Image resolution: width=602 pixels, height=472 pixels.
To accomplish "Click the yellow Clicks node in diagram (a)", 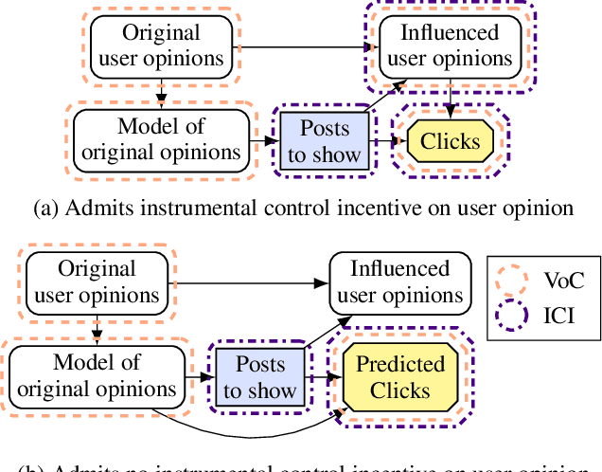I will coord(451,142).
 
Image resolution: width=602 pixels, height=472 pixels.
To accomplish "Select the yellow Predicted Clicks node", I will coord(400,377).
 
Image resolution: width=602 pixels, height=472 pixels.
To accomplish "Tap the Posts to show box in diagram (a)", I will coord(325,141).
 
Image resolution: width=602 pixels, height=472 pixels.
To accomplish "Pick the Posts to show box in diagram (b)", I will coord(259,377).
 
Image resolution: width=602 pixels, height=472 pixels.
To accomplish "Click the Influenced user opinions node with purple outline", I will coord(450,45).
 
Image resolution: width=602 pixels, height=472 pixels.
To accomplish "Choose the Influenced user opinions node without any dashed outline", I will coord(400,281).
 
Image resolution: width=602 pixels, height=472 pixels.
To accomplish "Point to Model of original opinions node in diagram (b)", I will coord(96,375).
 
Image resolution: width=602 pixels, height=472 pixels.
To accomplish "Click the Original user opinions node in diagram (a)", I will coord(162,45).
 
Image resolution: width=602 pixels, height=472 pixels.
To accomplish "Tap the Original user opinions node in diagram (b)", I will coord(97,281).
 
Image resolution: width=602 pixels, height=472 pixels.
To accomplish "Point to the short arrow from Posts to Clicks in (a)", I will coord(387,142).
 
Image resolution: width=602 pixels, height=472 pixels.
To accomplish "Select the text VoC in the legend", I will coord(565,281).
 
